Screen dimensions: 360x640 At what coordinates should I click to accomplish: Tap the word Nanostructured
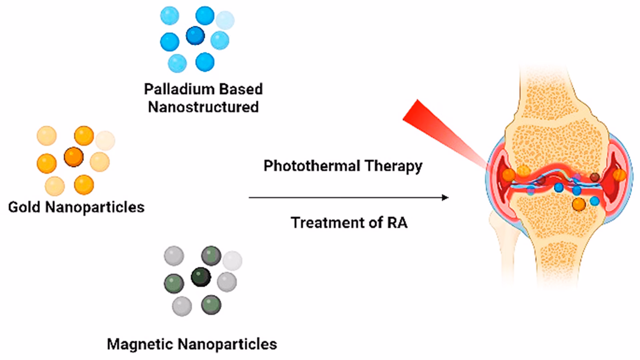[x=203, y=107]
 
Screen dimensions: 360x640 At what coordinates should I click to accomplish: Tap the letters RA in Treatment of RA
[x=397, y=223]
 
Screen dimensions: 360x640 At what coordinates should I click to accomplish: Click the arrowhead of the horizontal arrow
[x=445, y=198]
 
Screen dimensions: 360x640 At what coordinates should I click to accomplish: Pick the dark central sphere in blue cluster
[x=195, y=35]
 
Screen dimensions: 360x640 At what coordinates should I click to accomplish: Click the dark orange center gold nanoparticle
[x=74, y=157]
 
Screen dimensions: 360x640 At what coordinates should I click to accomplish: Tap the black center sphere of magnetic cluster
[x=201, y=277]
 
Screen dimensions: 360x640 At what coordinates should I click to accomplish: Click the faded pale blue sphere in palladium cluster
[x=225, y=20]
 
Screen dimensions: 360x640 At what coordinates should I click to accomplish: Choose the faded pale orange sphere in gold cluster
[x=105, y=140]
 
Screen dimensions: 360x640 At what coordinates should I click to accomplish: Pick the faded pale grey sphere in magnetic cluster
[x=232, y=261]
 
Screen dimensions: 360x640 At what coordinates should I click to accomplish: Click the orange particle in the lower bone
[x=579, y=204]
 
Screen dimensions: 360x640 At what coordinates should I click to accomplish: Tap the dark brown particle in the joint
[x=595, y=177]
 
